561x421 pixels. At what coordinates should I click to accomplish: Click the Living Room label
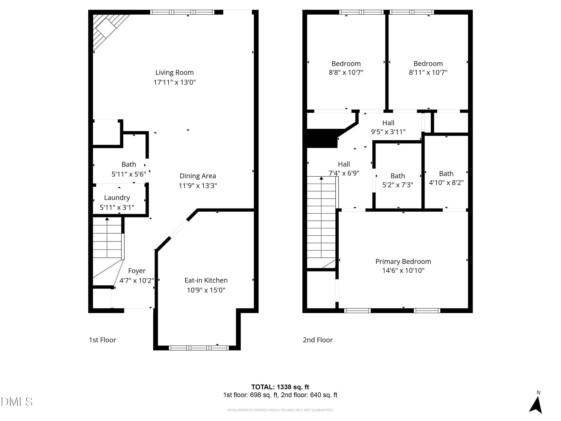click(x=174, y=73)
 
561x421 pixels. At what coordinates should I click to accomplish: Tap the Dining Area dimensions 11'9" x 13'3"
click(x=198, y=186)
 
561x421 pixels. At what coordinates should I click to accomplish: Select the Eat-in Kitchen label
click(x=206, y=280)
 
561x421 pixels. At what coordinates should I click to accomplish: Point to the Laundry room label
click(x=117, y=198)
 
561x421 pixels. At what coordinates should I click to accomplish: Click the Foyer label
click(x=137, y=271)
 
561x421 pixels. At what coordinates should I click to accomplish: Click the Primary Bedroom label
click(x=403, y=262)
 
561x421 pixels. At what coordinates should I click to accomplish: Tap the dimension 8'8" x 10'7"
click(x=346, y=73)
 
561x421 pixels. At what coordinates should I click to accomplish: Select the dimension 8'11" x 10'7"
click(x=428, y=73)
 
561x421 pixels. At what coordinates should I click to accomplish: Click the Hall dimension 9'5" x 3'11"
click(x=388, y=132)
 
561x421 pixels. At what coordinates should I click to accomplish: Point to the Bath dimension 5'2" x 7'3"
click(x=398, y=185)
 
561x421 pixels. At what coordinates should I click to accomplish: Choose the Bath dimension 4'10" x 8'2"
click(x=446, y=182)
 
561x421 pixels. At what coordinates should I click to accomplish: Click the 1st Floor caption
click(x=103, y=340)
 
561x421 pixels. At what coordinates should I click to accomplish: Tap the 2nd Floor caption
click(x=318, y=340)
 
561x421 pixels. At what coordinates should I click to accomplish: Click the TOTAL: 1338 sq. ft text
click(x=280, y=387)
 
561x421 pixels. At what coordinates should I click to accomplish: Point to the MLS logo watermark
click(x=17, y=402)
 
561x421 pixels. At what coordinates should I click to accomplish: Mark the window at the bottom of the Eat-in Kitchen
click(x=199, y=348)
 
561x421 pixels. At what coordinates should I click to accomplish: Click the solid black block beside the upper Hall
click(x=323, y=138)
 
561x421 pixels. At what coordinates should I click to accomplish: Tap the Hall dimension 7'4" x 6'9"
click(x=344, y=173)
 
